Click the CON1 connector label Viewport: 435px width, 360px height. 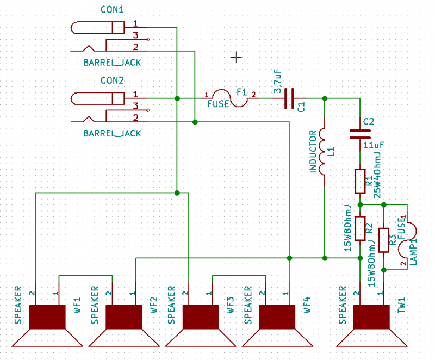pos(112,10)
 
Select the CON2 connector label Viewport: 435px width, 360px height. pos(112,80)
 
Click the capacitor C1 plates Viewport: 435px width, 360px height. pos(289,98)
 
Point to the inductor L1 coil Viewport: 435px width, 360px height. pos(323,152)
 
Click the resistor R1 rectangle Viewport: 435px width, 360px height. pos(359,181)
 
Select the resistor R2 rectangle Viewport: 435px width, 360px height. pos(359,228)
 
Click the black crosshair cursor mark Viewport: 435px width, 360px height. pos(237,56)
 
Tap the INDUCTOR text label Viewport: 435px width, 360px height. pos(313,152)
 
